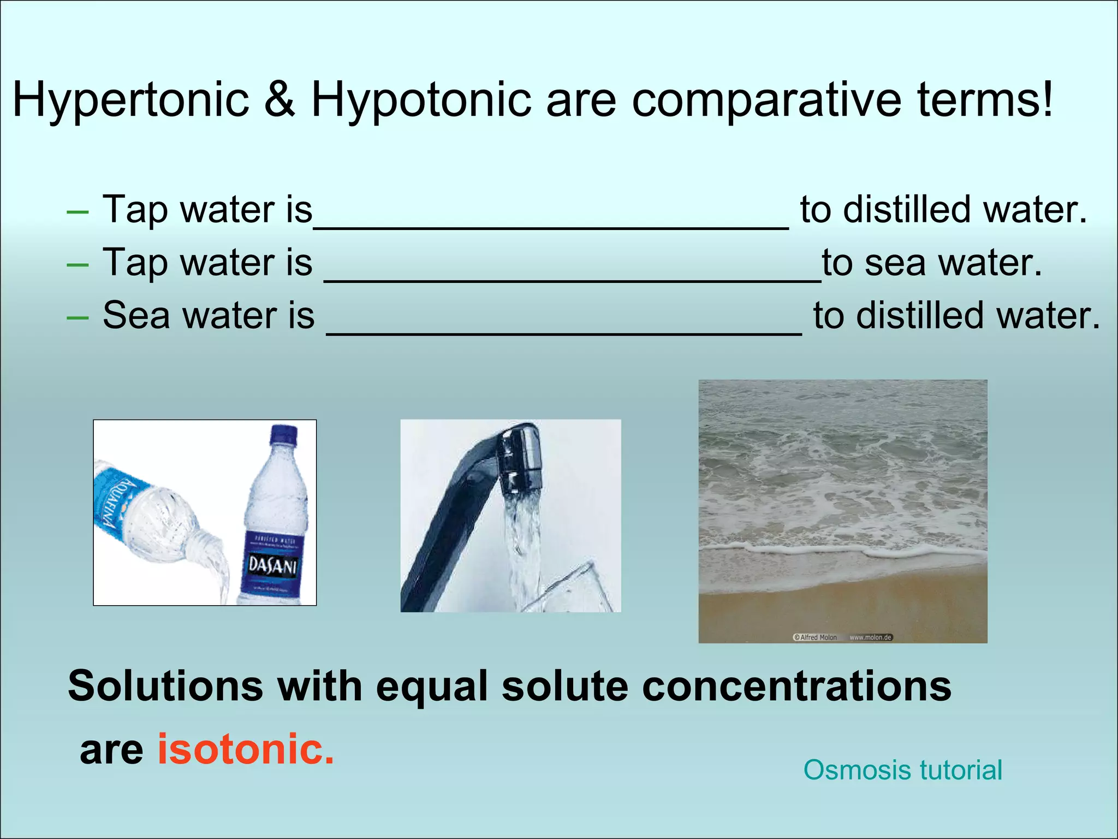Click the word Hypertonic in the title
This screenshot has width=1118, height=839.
point(131,100)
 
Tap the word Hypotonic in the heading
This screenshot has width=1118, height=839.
point(421,100)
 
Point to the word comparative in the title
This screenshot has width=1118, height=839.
point(766,100)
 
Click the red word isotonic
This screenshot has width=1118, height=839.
point(246,748)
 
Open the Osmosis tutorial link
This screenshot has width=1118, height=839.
point(902,770)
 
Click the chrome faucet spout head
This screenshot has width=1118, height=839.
point(521,459)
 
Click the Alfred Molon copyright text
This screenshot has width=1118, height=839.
point(815,637)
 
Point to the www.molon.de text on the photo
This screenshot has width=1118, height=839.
point(870,637)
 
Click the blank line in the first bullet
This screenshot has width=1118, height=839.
point(551,225)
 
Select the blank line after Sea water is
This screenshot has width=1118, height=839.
point(564,332)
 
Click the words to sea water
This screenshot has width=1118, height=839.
point(932,263)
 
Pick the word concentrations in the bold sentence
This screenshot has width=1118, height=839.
point(796,687)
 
